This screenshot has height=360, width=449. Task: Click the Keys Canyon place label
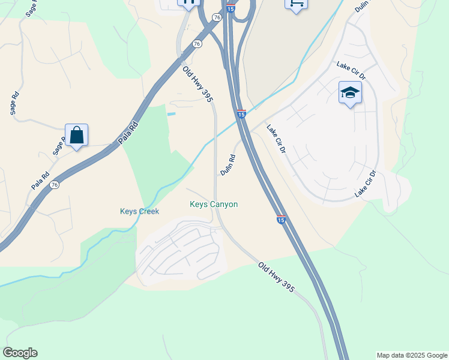[214, 205]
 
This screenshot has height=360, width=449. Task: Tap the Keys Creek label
[139, 212]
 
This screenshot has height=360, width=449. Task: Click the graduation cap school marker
[350, 93]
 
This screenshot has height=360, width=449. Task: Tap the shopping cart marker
[296, 4]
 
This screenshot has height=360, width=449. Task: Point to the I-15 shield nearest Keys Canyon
[280, 220]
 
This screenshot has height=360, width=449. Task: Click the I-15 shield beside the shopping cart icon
[231, 8]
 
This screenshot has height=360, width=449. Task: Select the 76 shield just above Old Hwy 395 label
[197, 44]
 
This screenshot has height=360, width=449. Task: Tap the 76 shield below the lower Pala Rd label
[55, 185]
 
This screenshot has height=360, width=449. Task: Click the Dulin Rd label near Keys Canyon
[228, 165]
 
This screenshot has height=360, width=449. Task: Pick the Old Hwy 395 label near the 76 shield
[198, 84]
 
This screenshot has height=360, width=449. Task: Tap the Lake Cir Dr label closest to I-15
[276, 139]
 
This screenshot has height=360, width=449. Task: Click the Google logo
[20, 353]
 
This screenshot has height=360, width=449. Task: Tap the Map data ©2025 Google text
[412, 355]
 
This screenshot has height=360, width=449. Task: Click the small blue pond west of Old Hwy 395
[172, 114]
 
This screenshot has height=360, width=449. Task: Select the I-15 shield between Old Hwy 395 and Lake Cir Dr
[241, 113]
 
